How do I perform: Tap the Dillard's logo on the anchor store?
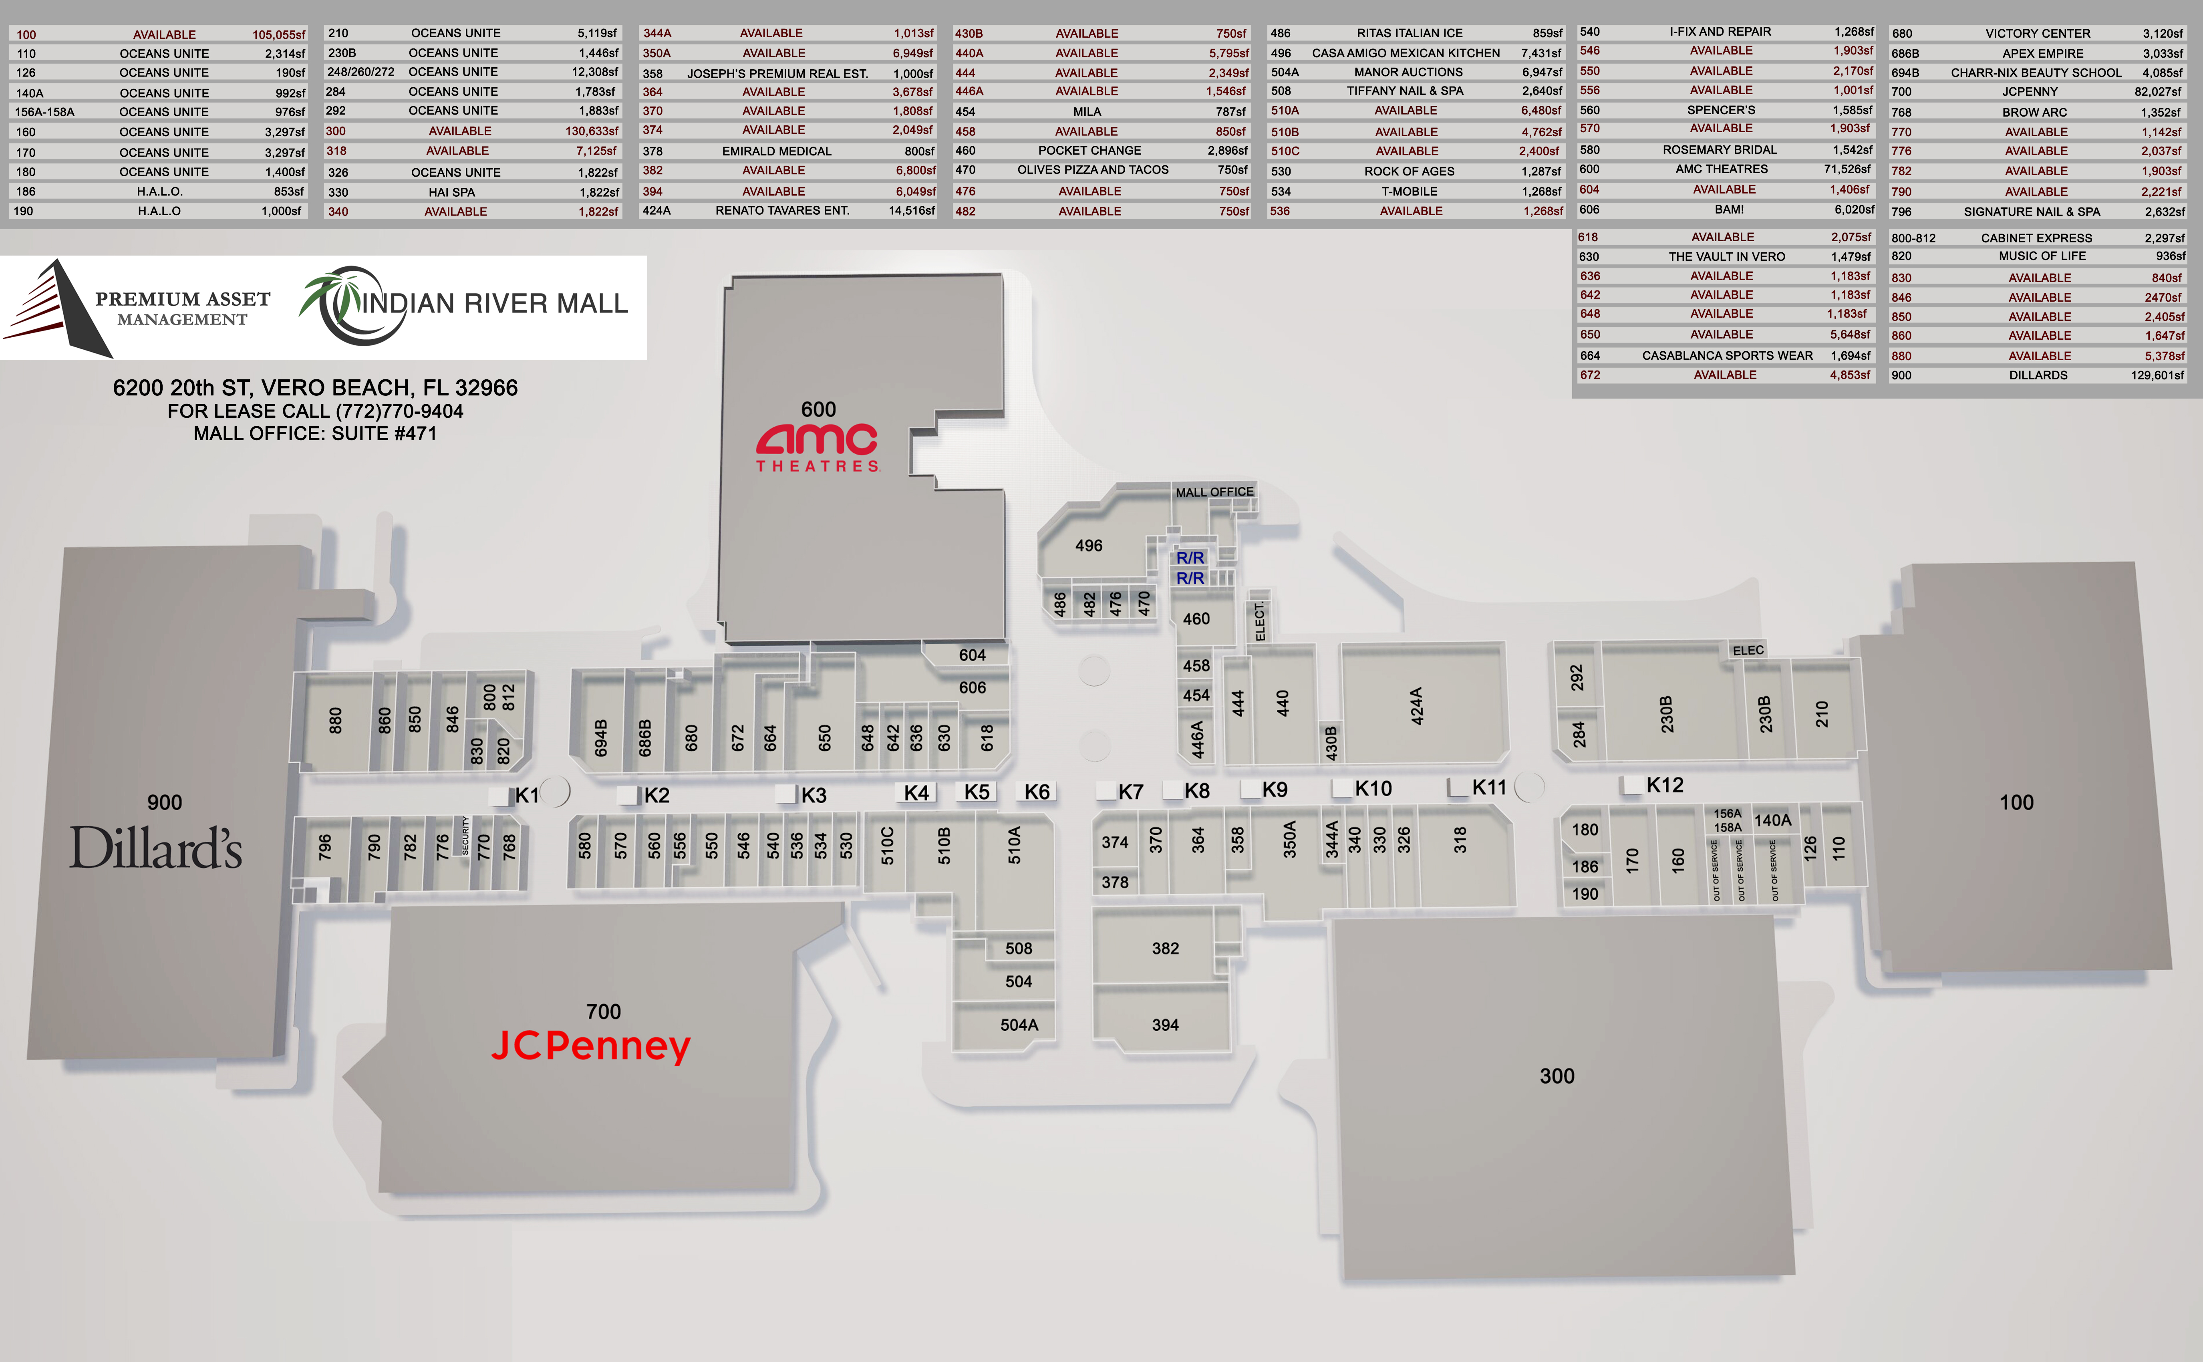156,848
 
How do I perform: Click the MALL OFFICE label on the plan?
1214,492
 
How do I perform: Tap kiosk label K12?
1664,786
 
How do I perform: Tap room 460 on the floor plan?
1196,619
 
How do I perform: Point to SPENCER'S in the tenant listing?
1721,110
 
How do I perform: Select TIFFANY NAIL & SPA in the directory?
1405,91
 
